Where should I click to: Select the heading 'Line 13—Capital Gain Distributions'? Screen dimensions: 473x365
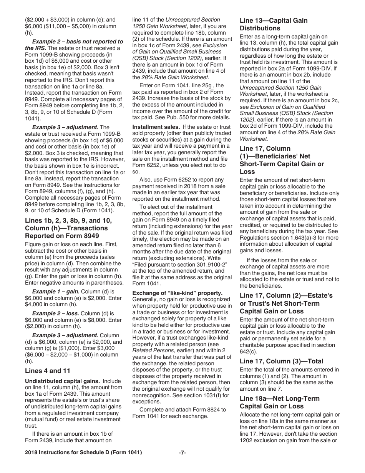click(x=274, y=24)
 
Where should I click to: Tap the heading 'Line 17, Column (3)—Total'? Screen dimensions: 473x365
click(x=281, y=361)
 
